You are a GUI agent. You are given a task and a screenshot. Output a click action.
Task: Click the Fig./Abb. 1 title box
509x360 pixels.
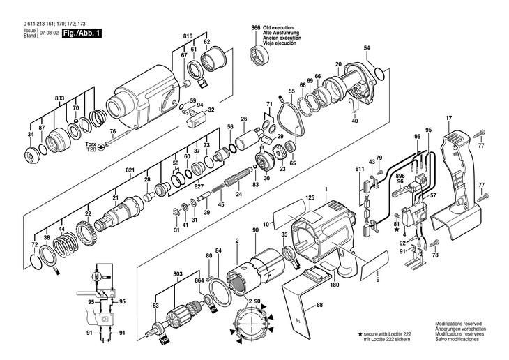[x=82, y=33]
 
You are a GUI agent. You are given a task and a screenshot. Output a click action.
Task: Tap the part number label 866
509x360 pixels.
[x=256, y=28]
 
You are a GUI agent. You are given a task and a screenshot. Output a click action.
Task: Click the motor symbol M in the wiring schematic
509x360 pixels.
[x=96, y=276]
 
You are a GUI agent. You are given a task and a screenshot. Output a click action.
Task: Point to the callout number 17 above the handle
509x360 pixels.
[x=448, y=119]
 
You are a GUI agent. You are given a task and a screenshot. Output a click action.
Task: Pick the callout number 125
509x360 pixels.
[x=310, y=197]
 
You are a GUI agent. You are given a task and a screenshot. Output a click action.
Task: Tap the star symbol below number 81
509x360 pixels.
[x=396, y=230]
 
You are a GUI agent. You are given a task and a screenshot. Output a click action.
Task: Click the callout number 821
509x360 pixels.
[x=130, y=170]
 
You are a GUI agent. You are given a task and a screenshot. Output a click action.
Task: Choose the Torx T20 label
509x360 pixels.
[x=91, y=147]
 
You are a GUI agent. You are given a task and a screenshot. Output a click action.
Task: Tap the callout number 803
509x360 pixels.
[x=178, y=274]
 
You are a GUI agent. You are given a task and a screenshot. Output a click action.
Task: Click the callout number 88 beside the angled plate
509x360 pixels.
[x=320, y=306]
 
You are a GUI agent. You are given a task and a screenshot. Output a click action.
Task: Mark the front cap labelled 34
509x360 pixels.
[x=33, y=156]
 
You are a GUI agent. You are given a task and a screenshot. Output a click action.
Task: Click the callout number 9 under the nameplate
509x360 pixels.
[x=377, y=280]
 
